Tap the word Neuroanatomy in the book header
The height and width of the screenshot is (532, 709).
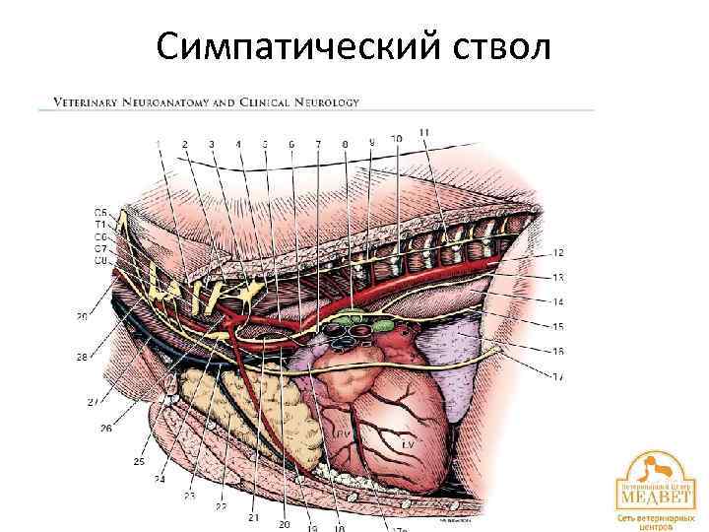[173, 100]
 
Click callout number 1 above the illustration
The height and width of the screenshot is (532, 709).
[159, 145]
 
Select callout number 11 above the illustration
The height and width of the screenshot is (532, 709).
[423, 133]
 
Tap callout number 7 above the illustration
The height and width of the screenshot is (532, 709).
[318, 144]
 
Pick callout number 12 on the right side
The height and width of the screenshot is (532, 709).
[558, 252]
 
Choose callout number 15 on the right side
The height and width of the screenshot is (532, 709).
[558, 326]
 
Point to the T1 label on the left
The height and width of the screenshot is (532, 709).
[100, 224]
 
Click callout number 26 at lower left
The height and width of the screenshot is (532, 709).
[105, 428]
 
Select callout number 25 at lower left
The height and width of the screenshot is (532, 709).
[139, 462]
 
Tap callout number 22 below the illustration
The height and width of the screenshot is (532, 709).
[222, 505]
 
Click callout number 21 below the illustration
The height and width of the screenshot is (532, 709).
[254, 516]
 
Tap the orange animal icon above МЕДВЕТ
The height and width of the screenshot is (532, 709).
[651, 465]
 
